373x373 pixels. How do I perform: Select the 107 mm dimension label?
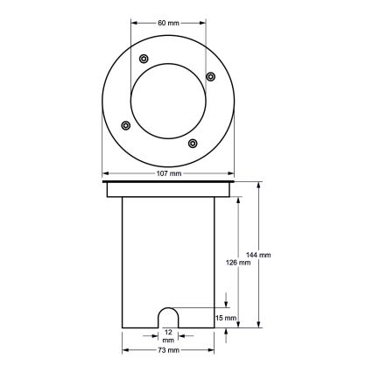pos(168,173)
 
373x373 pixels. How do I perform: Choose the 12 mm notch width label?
pos(168,337)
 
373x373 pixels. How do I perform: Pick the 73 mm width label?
pos(168,350)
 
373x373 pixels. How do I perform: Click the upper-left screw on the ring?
pos(143,58)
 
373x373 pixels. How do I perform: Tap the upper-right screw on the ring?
pos(210,76)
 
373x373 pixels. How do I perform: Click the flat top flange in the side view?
pos(168,189)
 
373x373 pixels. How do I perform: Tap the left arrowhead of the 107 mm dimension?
pos(105,173)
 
